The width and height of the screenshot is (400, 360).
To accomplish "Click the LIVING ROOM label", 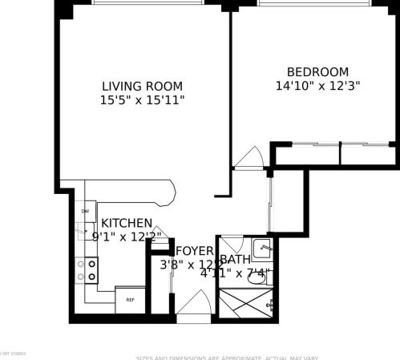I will (141, 86).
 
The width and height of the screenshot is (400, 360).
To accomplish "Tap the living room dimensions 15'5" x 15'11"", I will (141, 101).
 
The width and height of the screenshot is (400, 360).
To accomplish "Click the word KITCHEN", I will (126, 223).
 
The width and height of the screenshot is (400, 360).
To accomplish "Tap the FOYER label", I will (194, 251).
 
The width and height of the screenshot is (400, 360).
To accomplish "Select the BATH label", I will (235, 260).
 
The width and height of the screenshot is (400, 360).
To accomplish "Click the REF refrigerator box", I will (129, 301).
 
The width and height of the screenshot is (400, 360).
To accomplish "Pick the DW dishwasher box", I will (84, 212).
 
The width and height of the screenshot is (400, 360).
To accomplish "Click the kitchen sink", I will (83, 232).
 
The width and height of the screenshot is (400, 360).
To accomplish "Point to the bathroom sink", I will (262, 249).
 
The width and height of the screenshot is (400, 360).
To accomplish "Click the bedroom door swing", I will (248, 156).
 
